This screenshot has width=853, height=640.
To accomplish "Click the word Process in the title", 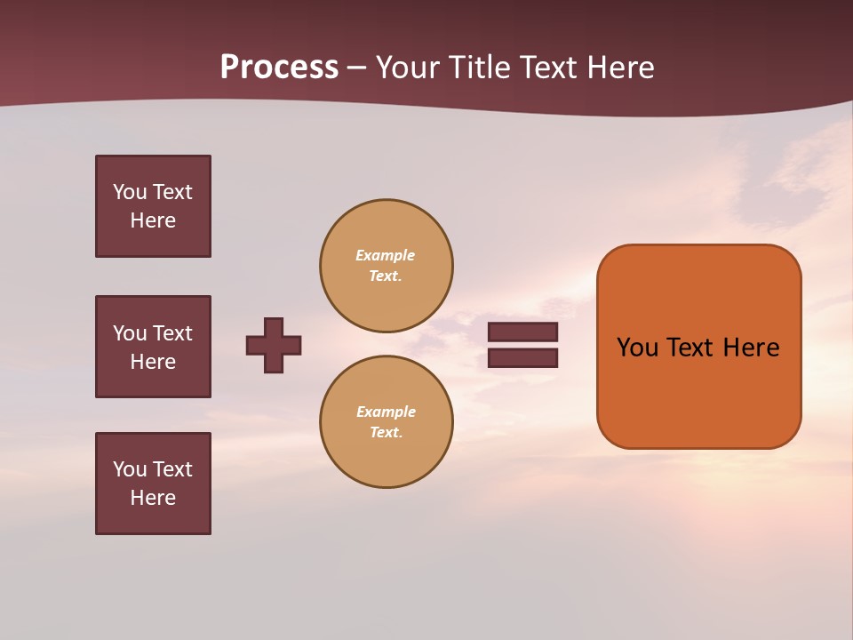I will (x=279, y=67).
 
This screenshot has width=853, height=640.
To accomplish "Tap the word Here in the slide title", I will (x=622, y=67).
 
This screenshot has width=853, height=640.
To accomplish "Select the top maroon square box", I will (x=153, y=206).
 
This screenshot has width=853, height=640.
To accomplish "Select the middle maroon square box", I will (x=153, y=347).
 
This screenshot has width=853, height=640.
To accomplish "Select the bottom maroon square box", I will (x=153, y=484).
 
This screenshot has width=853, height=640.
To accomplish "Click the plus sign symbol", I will (x=274, y=345).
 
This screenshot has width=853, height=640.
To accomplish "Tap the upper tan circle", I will (x=386, y=265).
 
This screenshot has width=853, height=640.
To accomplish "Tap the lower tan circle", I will (x=386, y=421).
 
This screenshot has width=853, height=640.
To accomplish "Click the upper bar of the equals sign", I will (x=522, y=332).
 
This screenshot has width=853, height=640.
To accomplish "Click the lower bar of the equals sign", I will (x=522, y=358).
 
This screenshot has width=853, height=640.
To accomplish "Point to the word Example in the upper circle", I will (x=385, y=255).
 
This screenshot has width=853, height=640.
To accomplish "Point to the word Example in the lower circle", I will (x=386, y=412).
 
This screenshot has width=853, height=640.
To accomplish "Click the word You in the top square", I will (x=129, y=192).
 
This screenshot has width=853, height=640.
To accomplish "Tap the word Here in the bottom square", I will (x=153, y=498).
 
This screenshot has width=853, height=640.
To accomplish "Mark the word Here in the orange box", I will (x=751, y=348).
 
